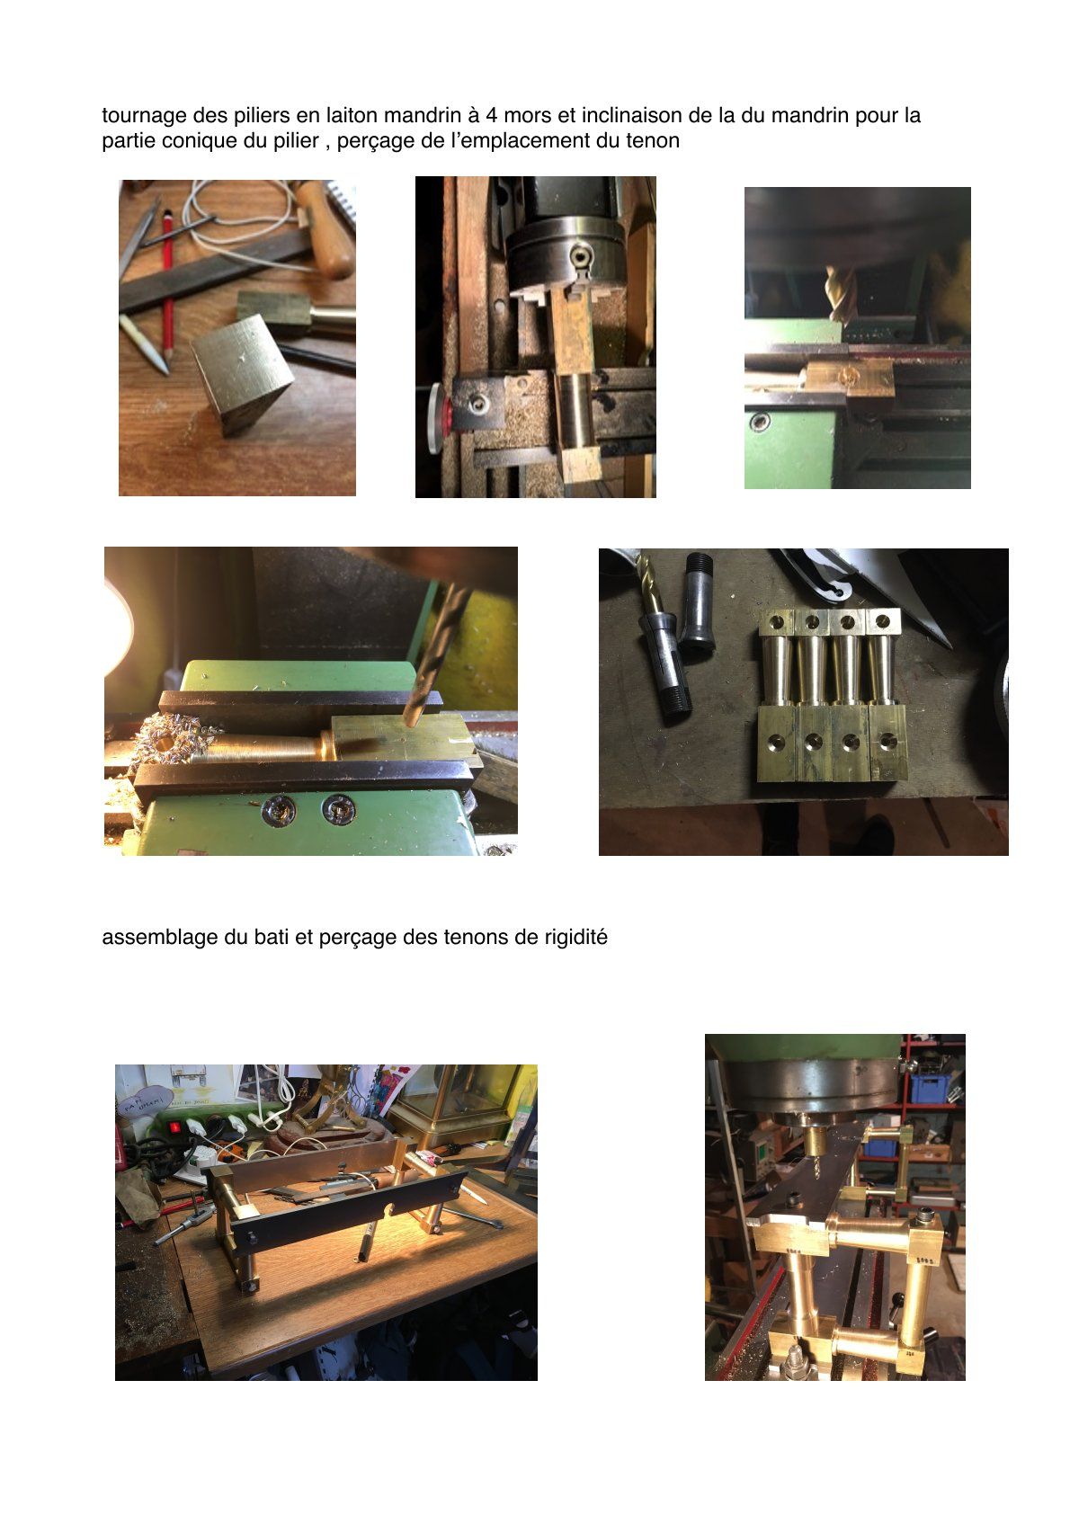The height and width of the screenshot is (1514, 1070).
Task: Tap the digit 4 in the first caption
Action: pyautogui.click(x=492, y=115)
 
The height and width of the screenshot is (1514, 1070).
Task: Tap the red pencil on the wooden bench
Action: pyautogui.click(x=167, y=284)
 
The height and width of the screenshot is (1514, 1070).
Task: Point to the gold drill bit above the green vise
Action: pyautogui.click(x=843, y=293)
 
